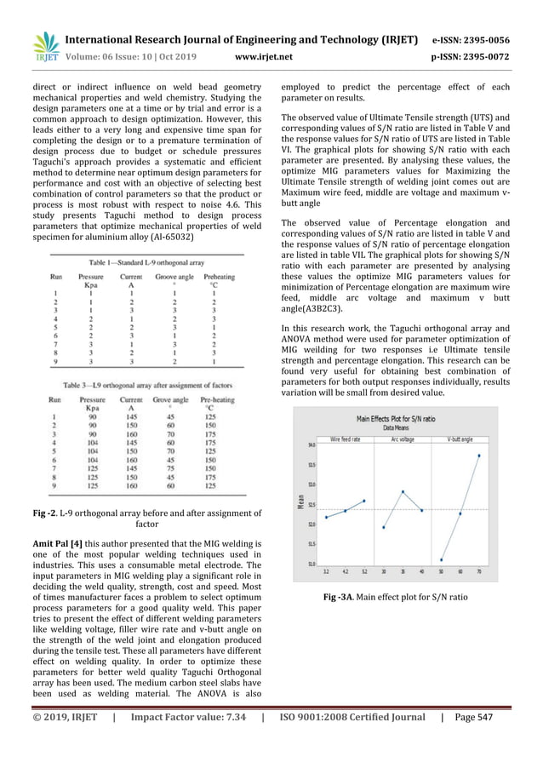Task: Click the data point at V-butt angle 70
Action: tap(479, 456)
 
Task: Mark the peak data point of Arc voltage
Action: tap(403, 492)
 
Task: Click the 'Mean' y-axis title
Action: tap(300, 502)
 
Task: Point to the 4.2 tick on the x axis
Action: tap(345, 571)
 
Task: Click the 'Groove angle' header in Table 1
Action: tap(174, 277)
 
